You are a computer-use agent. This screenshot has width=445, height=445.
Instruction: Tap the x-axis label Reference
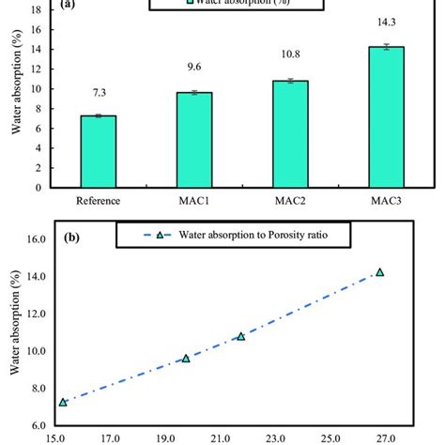pos(99,199)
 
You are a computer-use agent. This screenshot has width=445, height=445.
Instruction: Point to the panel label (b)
pos(72,237)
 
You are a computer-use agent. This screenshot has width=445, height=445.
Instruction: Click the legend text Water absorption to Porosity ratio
pos(251,236)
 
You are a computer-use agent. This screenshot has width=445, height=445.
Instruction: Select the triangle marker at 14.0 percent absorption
pos(380,272)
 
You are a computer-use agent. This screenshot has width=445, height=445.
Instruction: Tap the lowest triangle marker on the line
pos(63,402)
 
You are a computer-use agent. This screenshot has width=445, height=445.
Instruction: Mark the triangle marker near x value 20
pos(186,358)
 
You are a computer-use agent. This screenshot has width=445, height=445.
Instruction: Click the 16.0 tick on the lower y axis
pos(42,239)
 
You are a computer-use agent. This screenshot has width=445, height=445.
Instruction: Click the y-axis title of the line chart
pos(14,339)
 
